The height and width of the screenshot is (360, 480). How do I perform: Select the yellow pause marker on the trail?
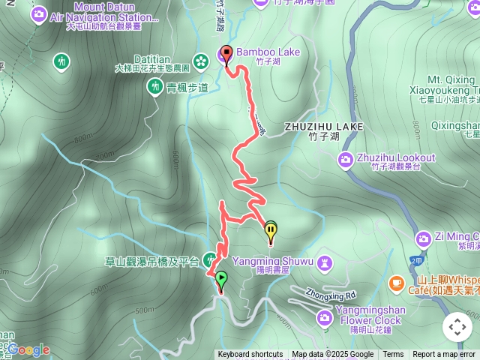tap(271, 231)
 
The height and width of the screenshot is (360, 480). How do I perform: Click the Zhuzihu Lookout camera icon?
tap(345, 158)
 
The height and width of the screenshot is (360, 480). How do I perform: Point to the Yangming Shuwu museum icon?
tap(323, 262)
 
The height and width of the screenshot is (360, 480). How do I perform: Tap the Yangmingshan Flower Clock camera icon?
tap(324, 318)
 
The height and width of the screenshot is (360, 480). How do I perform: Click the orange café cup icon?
tap(397, 283)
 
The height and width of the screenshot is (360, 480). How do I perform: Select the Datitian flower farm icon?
tap(201, 59)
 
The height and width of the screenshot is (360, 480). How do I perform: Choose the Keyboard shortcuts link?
tap(250, 355)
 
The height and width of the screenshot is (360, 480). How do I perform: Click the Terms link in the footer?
tap(393, 355)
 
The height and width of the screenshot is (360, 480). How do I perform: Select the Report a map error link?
tap(444, 355)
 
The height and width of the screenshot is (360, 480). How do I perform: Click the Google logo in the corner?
tap(28, 349)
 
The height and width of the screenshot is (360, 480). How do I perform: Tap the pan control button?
tap(457, 327)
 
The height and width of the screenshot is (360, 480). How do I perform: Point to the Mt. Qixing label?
tap(445, 79)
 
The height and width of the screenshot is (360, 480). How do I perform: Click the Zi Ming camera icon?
tap(423, 238)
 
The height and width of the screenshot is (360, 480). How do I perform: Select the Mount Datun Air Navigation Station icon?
tap(39, 13)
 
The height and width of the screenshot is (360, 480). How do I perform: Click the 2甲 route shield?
tap(417, 259)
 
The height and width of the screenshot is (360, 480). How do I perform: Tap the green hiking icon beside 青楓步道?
tap(154, 87)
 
